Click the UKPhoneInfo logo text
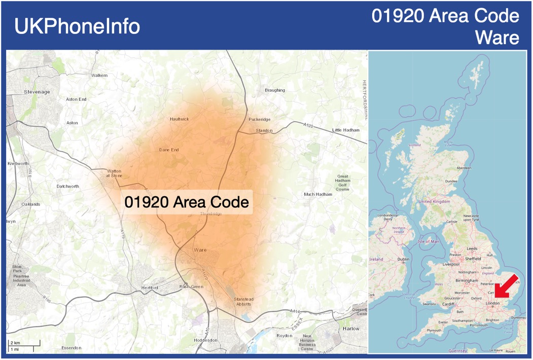tap(77, 26)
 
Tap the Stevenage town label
tap(37, 92)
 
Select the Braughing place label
tap(275, 90)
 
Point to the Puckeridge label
tap(259, 120)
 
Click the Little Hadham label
tap(346, 130)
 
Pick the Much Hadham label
tap(317, 194)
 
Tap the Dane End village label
tap(169, 150)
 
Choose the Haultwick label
tap(179, 119)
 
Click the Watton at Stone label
tap(114, 173)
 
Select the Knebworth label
tap(18, 164)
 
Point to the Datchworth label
tap(68, 187)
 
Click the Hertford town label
tap(149, 288)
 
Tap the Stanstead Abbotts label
tap(243, 302)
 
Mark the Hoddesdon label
tap(205, 340)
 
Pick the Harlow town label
tap(351, 329)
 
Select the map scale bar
tap(23, 346)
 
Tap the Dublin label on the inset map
tap(403, 260)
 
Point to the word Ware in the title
tap(497, 38)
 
